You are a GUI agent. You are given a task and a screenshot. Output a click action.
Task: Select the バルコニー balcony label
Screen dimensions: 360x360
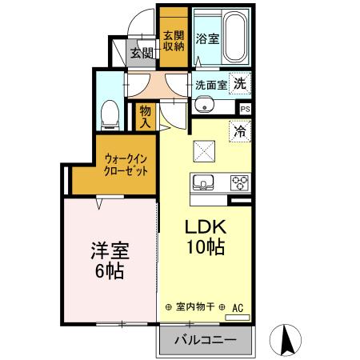pos(206,340)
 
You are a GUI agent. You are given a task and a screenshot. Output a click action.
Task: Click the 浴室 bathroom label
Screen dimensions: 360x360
pos(208,38)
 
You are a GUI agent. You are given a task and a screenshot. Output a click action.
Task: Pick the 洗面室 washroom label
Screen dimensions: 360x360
pos(211,85)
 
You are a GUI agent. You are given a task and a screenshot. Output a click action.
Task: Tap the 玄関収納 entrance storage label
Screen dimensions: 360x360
pos(174,41)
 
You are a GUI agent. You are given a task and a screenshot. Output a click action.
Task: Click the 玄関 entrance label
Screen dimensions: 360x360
pos(142,53)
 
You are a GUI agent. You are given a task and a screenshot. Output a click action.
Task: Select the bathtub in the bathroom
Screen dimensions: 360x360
pos(236,38)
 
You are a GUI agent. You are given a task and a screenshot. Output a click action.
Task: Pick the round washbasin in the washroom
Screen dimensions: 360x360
pos(202,105)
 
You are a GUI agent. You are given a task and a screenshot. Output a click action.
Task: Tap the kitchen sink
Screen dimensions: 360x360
pos(202,181)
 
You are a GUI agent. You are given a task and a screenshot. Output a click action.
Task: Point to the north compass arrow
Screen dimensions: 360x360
pos(286,339)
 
